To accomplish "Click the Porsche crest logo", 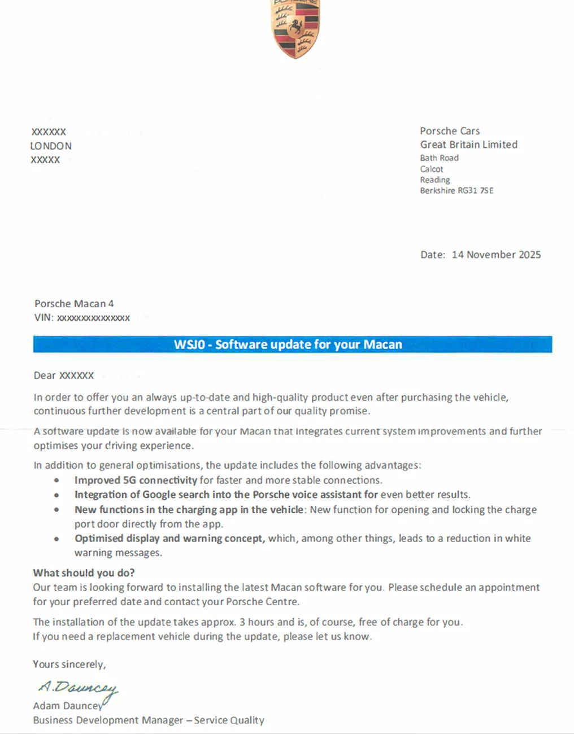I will [x=296, y=28].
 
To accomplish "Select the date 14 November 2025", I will [x=496, y=255].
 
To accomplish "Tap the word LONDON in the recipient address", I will [x=51, y=146].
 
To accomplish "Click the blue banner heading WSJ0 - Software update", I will [x=288, y=344].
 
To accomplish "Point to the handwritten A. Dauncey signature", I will [x=78, y=689].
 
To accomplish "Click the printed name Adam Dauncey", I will [x=67, y=706].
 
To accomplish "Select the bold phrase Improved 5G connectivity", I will [x=136, y=480].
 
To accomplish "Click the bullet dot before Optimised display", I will [x=56, y=539].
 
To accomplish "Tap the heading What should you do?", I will [x=84, y=573].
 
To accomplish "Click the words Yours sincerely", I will [x=69, y=665].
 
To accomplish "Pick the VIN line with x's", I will [x=82, y=318].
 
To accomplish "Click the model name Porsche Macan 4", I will [x=74, y=304].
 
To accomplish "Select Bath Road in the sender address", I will [x=439, y=158].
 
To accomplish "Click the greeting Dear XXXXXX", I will [x=64, y=375].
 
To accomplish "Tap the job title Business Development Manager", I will [x=108, y=720].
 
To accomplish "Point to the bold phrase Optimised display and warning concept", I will [x=169, y=539].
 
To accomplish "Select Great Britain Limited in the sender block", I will [x=468, y=145].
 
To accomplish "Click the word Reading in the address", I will [x=435, y=180].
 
